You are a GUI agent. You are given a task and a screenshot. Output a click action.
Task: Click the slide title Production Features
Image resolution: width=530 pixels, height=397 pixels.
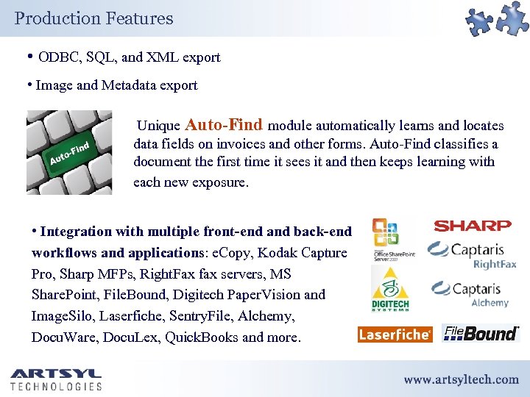pos(93,18)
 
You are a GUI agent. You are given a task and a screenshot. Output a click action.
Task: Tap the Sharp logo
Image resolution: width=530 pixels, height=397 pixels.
pos(472,226)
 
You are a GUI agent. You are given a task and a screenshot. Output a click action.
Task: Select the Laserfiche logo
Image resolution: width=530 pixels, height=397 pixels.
pos(395,335)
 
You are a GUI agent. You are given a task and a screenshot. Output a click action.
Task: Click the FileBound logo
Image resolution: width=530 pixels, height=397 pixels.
pos(481,334)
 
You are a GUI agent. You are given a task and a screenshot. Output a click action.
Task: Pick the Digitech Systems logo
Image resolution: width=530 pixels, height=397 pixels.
pos(389,289)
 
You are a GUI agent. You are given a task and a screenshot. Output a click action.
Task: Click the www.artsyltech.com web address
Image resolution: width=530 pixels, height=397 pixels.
pos(461,379)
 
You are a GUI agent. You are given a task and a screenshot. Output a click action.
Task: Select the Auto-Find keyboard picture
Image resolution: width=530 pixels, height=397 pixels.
pos(69,152)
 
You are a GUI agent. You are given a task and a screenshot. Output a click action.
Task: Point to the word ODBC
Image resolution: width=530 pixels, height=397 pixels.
pos(57,57)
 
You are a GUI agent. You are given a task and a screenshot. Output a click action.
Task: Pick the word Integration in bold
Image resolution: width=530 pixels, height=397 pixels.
pos(77,232)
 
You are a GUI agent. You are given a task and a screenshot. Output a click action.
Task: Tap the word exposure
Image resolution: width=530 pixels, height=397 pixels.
pos(220,182)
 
